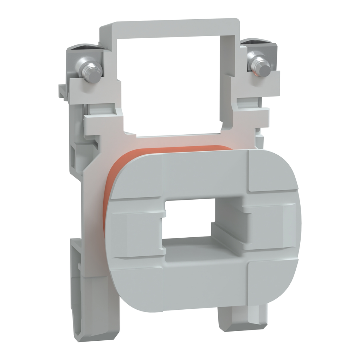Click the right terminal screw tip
264,69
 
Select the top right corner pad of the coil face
271,171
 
